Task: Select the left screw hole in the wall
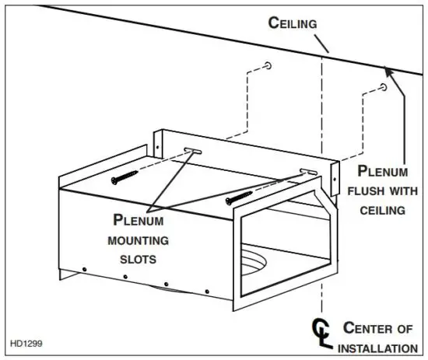268,65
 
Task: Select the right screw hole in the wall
384,88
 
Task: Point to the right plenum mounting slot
308,170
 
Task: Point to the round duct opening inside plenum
261,257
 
